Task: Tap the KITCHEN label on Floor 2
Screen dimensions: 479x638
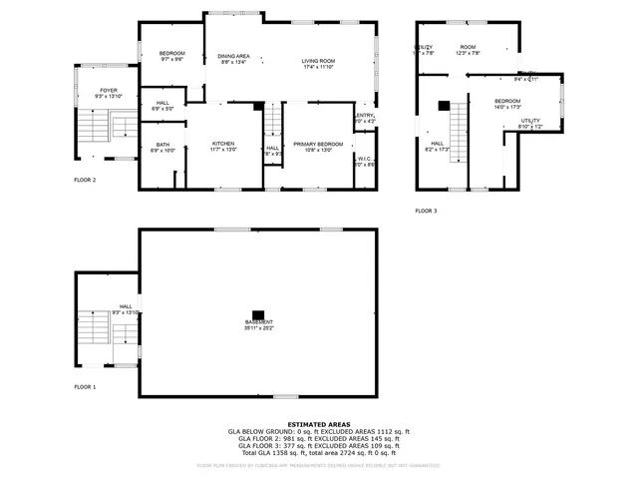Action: click(223, 144)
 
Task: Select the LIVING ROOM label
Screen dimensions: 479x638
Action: click(319, 61)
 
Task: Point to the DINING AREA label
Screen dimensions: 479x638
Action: click(235, 57)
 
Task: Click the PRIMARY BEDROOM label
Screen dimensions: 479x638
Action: click(318, 144)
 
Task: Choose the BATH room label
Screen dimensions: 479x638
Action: click(161, 144)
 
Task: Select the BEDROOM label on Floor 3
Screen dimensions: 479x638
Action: click(507, 101)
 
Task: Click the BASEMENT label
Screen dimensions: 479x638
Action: click(258, 321)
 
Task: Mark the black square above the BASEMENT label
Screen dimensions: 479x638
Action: click(258, 311)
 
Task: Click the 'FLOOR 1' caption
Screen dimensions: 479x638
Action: click(85, 386)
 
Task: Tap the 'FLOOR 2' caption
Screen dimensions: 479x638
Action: click(85, 180)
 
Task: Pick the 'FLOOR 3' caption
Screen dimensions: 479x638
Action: click(426, 211)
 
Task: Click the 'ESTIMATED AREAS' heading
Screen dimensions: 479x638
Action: click(318, 424)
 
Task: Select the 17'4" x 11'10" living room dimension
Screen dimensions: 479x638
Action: click(319, 67)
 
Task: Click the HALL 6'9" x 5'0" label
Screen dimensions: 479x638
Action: click(162, 105)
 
